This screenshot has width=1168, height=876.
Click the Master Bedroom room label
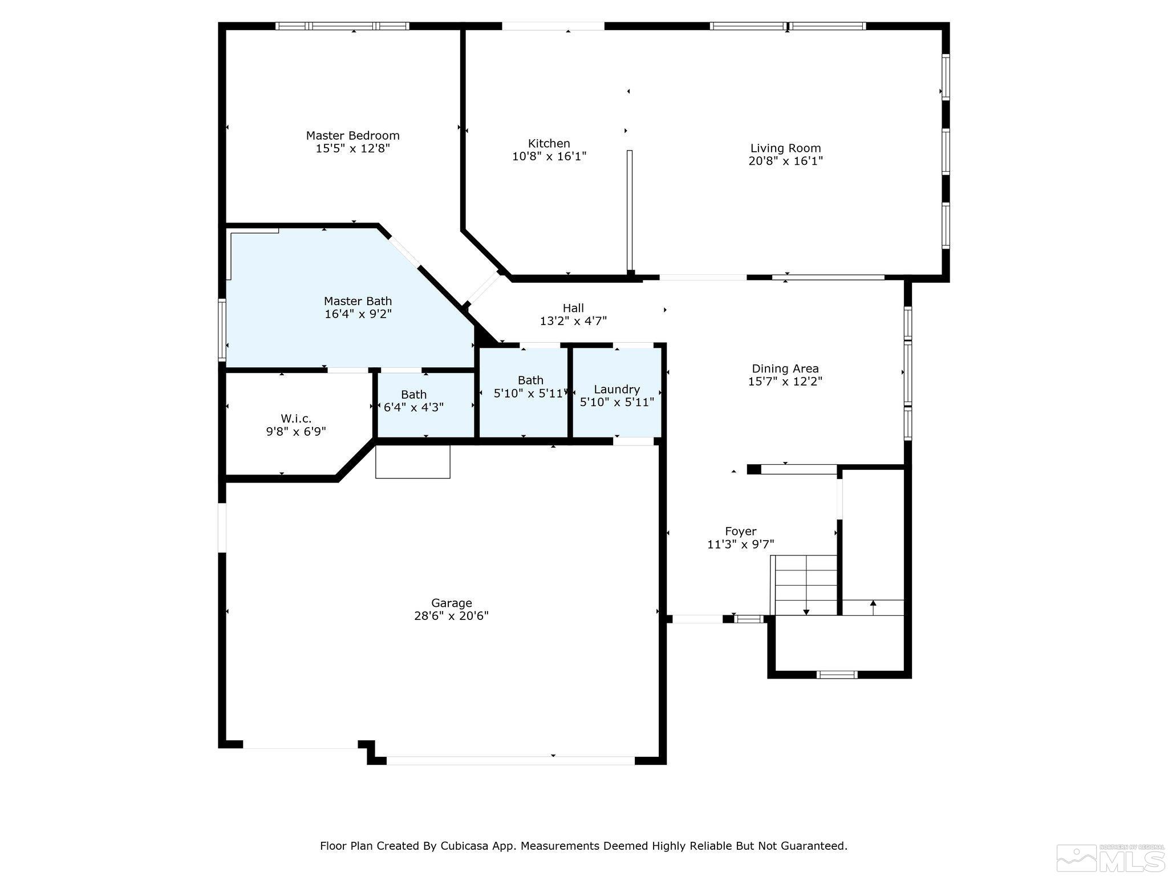352,136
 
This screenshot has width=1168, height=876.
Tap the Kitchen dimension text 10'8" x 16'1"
549,156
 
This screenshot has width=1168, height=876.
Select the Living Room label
785,148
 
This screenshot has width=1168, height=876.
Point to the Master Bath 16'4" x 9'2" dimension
358,314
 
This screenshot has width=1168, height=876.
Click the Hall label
573,309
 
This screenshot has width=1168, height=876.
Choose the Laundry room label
617,389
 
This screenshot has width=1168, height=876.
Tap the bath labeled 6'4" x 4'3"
413,401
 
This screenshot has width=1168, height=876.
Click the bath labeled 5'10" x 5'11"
530,387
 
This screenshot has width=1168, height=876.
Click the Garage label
451,603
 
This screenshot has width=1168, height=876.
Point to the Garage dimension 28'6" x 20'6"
451,616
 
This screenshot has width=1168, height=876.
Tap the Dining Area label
785,369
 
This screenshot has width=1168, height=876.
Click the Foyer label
740,532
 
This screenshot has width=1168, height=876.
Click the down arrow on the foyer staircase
806,610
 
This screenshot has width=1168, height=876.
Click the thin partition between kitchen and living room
630,211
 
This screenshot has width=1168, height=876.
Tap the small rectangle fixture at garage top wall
412,461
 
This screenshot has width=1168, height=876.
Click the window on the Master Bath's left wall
222,331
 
